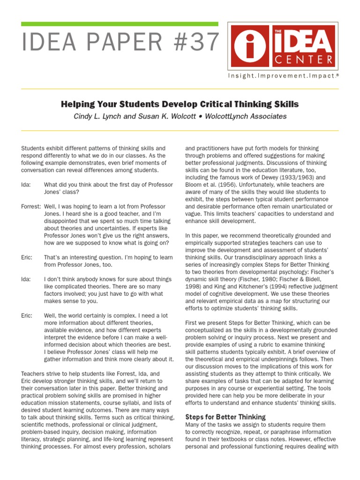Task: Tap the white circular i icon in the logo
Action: [252, 45]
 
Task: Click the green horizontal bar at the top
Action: [120, 23]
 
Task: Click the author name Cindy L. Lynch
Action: [99, 116]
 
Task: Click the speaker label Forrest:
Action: [31, 206]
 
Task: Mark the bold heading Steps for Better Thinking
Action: [225, 417]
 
